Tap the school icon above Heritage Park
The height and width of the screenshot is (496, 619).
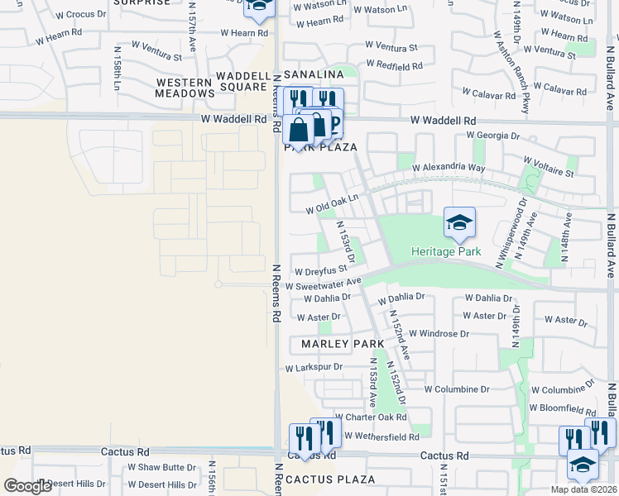[459, 223]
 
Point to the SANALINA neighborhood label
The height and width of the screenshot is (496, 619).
[314, 74]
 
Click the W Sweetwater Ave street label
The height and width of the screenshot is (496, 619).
[324, 284]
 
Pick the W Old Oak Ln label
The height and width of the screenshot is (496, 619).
[332, 204]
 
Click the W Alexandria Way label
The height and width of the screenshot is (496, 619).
[448, 167]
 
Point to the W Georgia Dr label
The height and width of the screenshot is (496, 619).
[493, 135]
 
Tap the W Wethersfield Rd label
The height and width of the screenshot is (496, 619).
[382, 435]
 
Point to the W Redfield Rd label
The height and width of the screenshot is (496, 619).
[394, 64]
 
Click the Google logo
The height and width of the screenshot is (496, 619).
[27, 486]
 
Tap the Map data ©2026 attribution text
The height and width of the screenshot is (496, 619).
[584, 489]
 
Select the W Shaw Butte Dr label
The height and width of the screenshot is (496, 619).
[161, 467]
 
